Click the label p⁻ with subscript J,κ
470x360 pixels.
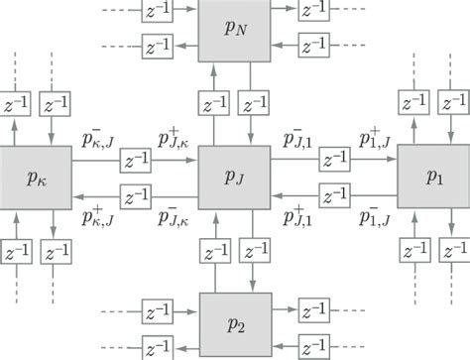coord(176,216)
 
